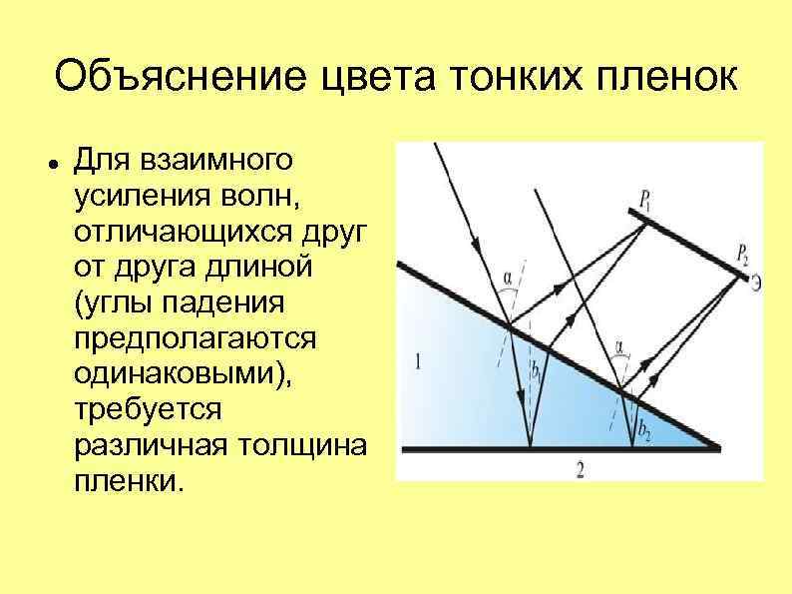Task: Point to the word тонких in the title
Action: pyautogui.click(x=496, y=77)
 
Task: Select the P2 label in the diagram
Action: pyautogui.click(x=741, y=252)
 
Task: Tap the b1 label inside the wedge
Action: pyautogui.click(x=537, y=371)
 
